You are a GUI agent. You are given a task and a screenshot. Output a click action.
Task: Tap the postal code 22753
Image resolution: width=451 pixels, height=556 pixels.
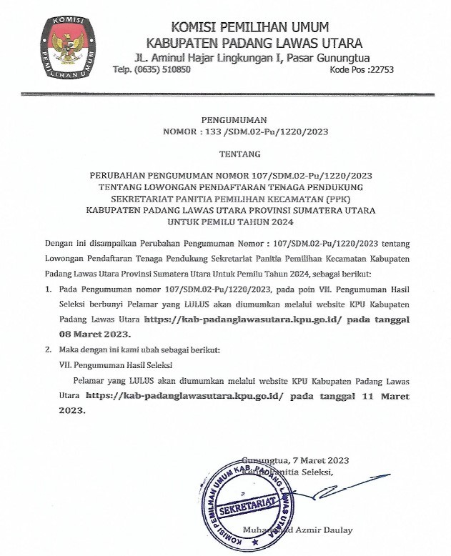pyautogui.click(x=378, y=69)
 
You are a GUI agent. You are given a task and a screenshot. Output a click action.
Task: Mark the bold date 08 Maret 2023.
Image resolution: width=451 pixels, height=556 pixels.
pyautogui.click(x=94, y=334)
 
